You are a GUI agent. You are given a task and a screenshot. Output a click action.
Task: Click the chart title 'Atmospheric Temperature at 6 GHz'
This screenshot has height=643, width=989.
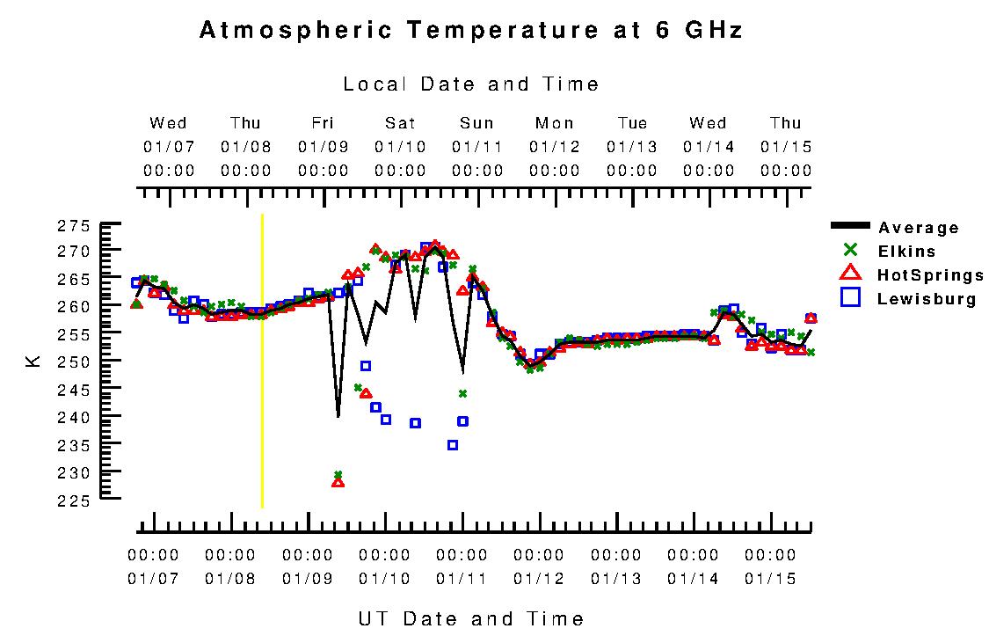click(x=471, y=31)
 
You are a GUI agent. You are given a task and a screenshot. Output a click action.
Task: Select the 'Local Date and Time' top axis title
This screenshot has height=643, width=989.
click(x=471, y=84)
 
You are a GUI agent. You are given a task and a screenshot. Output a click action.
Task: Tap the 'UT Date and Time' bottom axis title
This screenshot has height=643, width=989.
click(x=471, y=619)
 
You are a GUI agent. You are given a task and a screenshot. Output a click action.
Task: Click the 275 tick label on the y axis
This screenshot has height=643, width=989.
click(x=74, y=226)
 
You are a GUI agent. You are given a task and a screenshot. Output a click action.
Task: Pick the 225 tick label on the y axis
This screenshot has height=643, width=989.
click(x=74, y=501)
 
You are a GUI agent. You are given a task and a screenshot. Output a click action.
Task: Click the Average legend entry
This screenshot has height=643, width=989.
click(x=919, y=229)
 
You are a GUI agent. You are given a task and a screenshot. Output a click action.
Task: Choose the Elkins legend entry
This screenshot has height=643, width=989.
click(x=906, y=252)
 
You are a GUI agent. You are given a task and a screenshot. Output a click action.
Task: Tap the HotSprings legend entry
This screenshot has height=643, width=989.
click(x=930, y=276)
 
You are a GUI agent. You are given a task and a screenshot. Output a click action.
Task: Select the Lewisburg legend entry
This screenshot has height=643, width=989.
click(x=927, y=299)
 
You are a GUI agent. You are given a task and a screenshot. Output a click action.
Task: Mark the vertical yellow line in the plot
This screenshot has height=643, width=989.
click(x=262, y=361)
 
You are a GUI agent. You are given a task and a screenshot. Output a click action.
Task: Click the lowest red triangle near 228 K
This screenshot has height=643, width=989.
click(x=338, y=482)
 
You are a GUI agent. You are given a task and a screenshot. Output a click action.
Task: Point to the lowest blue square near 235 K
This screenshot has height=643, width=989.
click(x=453, y=445)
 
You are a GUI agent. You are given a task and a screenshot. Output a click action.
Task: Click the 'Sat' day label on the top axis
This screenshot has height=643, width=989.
click(x=400, y=123)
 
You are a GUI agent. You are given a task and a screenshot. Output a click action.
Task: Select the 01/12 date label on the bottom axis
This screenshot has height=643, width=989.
click(x=538, y=579)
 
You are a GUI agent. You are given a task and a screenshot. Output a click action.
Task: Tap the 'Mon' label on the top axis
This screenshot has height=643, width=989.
click(x=554, y=123)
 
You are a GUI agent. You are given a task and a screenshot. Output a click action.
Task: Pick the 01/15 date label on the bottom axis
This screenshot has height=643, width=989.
click(x=769, y=579)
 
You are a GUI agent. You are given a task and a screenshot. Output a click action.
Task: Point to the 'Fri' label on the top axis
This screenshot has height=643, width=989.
click(x=323, y=123)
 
